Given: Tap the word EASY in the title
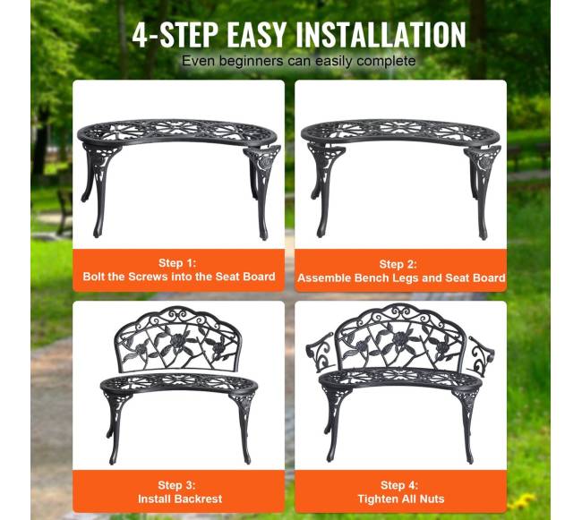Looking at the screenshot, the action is point(256,35).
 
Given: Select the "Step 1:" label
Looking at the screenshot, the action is point(177,262).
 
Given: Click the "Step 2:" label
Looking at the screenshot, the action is point(398,264).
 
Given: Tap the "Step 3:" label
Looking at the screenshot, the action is point(176,485).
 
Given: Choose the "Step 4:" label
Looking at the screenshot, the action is point(399,485).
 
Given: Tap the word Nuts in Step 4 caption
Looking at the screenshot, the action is point(432,499).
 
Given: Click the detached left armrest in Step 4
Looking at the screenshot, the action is point(320,352).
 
